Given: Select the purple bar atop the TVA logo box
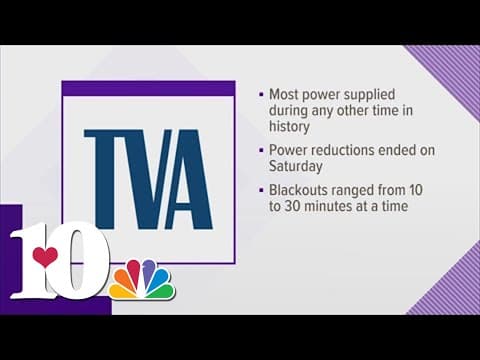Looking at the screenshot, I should click(148, 88).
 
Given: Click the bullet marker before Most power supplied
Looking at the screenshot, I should click(260, 94).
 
